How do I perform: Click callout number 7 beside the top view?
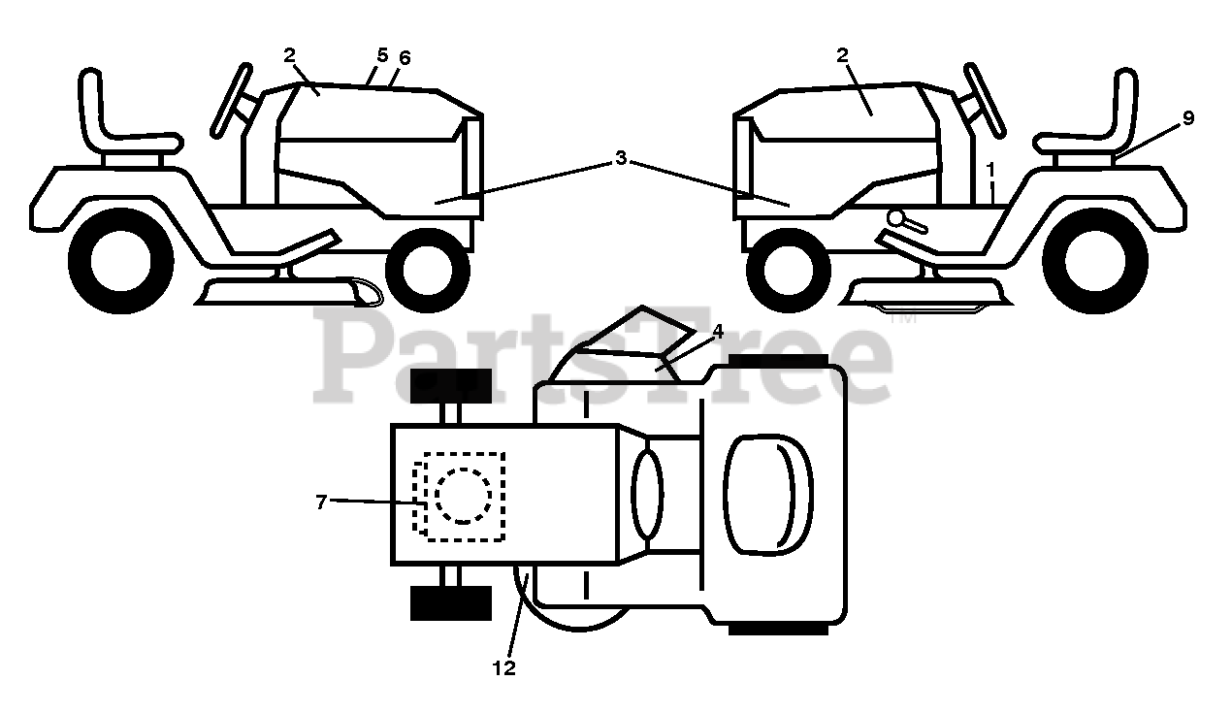tap(321, 501)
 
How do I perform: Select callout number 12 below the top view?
tap(503, 667)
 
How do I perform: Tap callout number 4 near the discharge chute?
tap(717, 331)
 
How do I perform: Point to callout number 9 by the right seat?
tap(1187, 118)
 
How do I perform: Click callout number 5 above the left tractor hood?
tap(382, 54)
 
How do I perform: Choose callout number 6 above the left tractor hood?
tap(405, 58)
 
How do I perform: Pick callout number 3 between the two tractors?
tap(621, 158)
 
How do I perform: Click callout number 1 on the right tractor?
tap(990, 169)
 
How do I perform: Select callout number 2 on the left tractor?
tap(289, 55)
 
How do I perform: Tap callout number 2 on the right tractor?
tap(842, 55)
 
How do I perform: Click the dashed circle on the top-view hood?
tap(463, 496)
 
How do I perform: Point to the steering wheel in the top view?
tap(647, 492)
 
